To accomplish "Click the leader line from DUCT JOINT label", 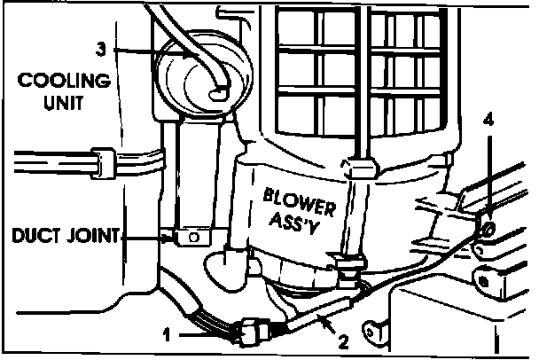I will click(x=146, y=237).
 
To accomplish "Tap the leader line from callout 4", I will click(x=487, y=173).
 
